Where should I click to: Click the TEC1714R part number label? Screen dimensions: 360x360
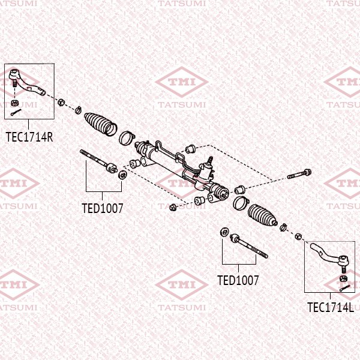click(x=29, y=137)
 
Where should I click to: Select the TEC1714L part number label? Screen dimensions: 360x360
click(x=331, y=307)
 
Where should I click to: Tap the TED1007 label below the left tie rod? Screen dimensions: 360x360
click(x=103, y=209)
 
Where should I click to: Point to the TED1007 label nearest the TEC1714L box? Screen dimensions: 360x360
click(x=238, y=280)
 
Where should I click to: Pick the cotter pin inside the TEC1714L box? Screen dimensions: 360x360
click(x=344, y=289)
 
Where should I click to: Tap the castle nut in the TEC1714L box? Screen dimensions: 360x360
click(x=343, y=278)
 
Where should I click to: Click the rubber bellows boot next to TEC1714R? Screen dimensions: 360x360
click(x=100, y=123)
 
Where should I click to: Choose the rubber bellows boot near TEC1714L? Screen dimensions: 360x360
click(x=261, y=215)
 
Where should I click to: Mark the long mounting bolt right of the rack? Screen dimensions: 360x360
click(x=299, y=175)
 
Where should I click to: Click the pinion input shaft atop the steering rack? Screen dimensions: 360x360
click(x=210, y=160)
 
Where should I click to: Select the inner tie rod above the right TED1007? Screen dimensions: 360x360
click(x=248, y=247)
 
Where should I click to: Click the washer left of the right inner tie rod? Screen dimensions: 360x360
click(x=224, y=232)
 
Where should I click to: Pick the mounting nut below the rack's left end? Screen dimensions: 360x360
click(x=173, y=208)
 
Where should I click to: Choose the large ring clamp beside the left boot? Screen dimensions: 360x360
click(x=127, y=138)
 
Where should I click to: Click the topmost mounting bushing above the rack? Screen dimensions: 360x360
click(x=191, y=148)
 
